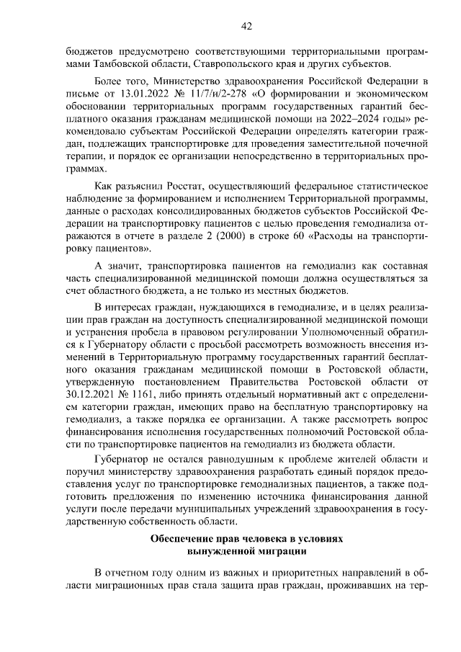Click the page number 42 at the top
[246, 27]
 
